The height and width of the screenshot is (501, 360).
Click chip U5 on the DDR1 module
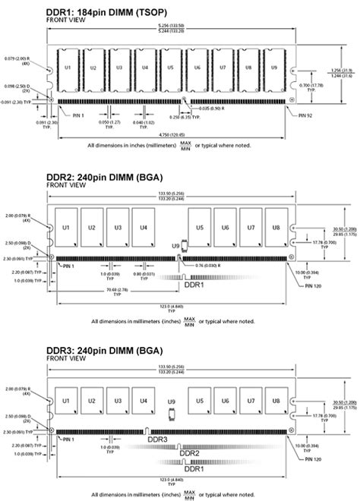(171, 68)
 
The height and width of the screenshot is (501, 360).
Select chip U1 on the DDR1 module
(68, 68)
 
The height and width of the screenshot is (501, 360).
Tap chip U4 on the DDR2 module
(141, 228)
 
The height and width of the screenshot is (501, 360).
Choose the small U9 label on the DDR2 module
(175, 247)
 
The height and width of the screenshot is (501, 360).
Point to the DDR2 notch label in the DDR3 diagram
(190, 452)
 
